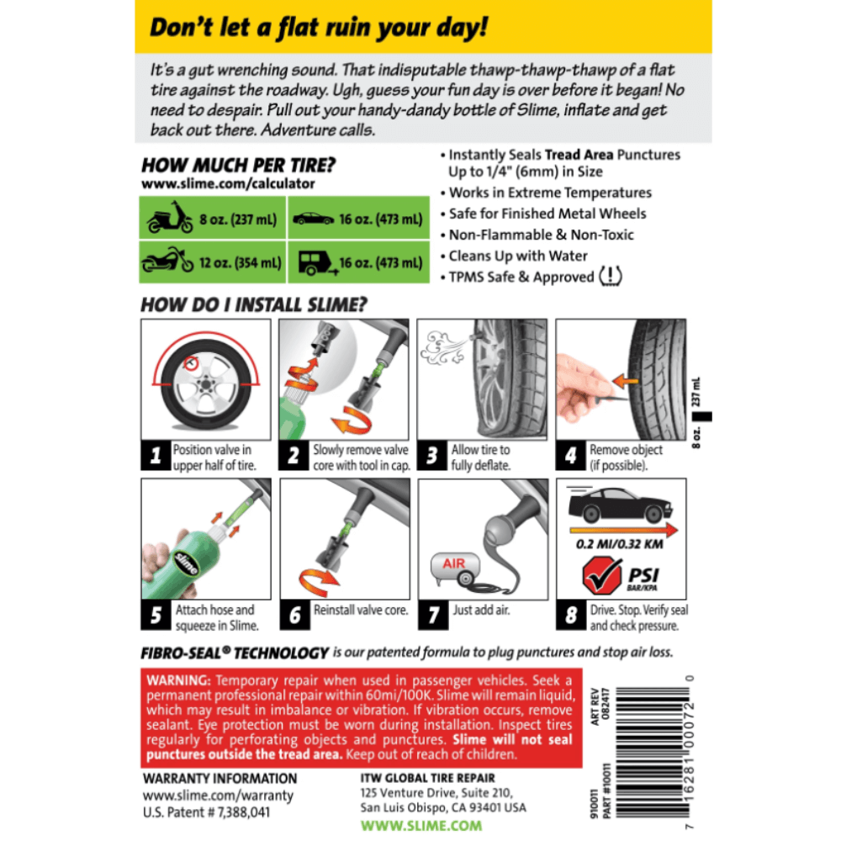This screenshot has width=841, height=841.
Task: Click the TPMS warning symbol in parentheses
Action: (x=611, y=277)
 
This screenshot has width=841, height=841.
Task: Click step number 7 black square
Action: (x=432, y=615)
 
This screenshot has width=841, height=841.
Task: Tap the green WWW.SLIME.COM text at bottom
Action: (x=421, y=826)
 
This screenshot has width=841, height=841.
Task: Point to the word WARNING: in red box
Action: (x=178, y=680)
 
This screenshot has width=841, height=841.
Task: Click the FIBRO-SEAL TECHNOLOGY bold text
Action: (x=235, y=653)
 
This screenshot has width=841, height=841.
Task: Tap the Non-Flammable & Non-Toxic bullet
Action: (x=541, y=235)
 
